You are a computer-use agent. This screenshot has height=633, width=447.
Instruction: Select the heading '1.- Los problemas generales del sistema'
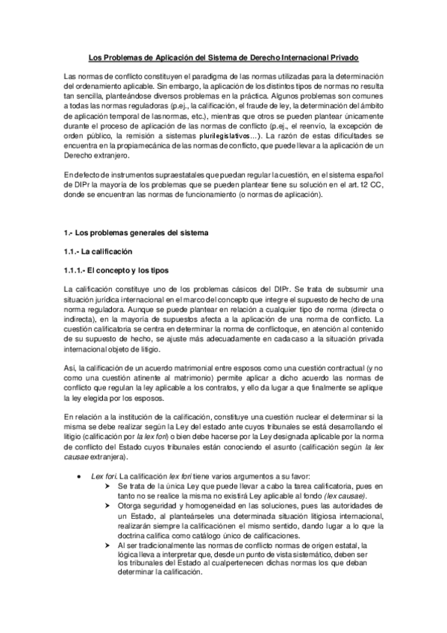[137, 233]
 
